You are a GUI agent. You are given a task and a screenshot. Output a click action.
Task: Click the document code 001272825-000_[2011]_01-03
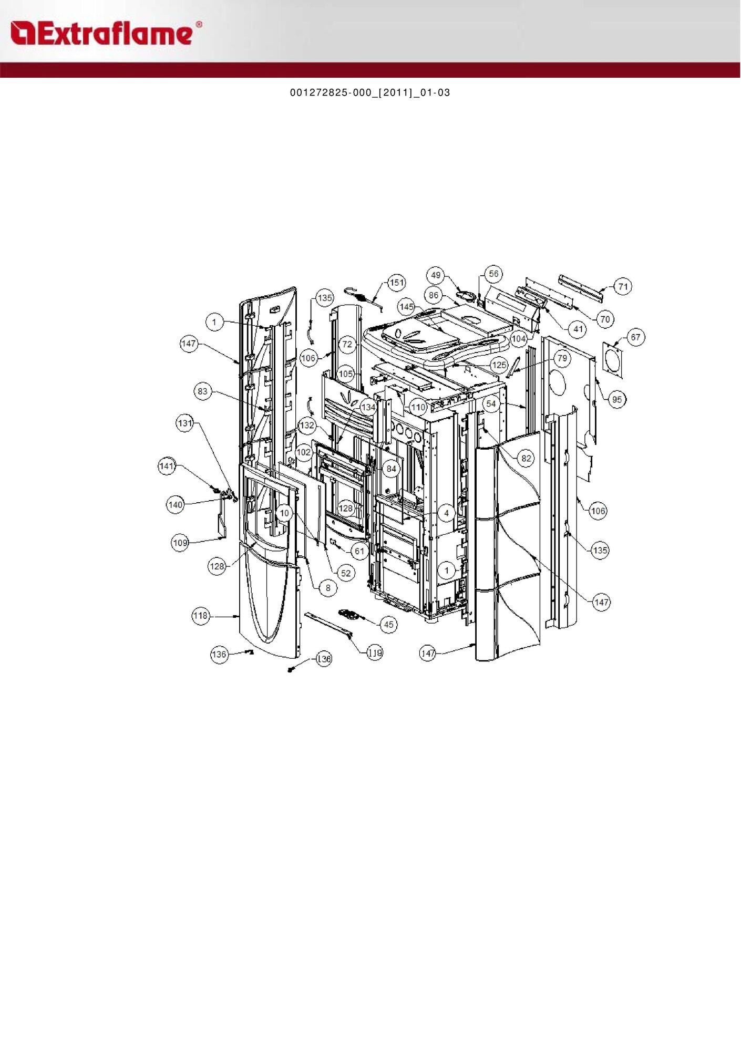370,93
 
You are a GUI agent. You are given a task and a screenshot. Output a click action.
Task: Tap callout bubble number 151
397,283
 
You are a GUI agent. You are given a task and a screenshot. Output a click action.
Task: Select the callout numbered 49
436,275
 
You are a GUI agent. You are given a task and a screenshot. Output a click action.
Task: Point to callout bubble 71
623,287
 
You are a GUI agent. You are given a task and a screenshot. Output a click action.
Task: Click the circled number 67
636,337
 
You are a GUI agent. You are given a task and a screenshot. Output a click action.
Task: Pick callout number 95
617,399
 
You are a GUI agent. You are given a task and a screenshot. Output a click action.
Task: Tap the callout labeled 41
578,329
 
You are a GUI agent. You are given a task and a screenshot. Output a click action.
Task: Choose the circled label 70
605,319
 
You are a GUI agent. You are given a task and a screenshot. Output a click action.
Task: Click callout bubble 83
203,391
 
